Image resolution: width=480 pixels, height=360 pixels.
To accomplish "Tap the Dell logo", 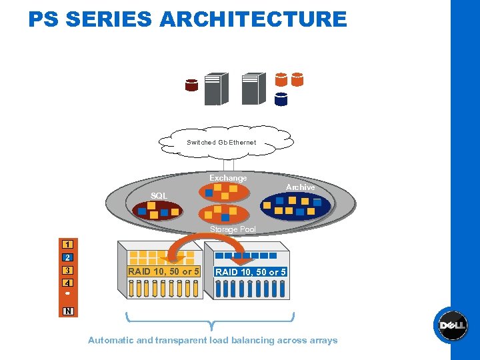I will (x=453, y=325).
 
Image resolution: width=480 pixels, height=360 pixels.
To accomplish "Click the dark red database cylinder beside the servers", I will (x=192, y=85).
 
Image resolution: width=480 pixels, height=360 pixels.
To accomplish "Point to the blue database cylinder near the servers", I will (x=281, y=99).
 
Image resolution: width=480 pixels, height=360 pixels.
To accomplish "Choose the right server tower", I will (x=253, y=89).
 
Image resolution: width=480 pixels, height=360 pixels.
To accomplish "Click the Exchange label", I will (x=228, y=178).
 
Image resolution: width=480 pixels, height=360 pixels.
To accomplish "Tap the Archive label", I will (x=300, y=187).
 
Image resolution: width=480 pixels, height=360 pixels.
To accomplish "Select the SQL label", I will (x=159, y=195).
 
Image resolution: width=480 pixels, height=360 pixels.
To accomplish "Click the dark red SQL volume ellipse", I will (x=157, y=211).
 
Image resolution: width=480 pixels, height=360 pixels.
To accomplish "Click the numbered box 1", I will (x=68, y=244).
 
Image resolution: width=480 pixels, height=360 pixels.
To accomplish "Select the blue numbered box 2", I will (x=68, y=257).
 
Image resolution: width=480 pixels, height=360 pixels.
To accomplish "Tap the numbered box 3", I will (x=68, y=271).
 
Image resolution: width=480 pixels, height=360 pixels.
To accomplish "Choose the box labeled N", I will (x=68, y=311).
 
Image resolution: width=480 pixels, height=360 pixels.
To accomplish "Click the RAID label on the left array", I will (x=163, y=271).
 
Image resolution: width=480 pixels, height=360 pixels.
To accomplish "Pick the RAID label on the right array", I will (x=250, y=272).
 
